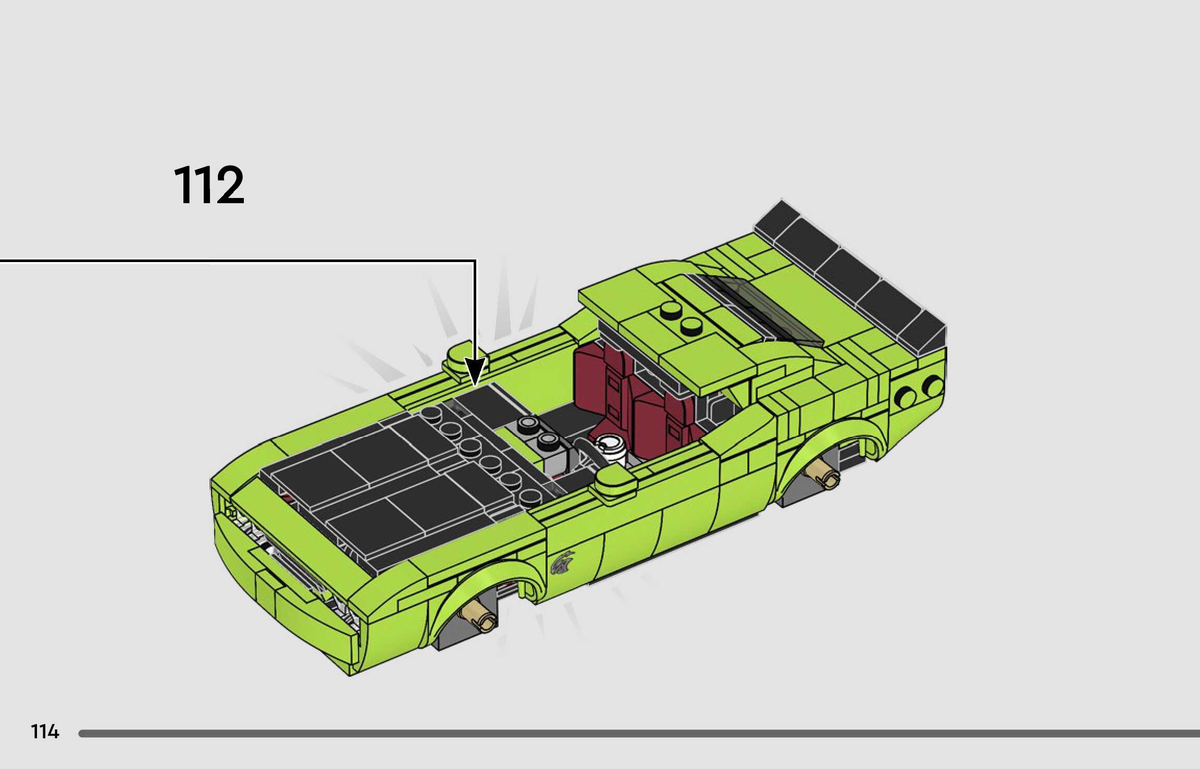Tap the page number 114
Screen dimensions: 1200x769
[45, 731]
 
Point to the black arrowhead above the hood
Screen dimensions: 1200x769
[475, 372]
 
